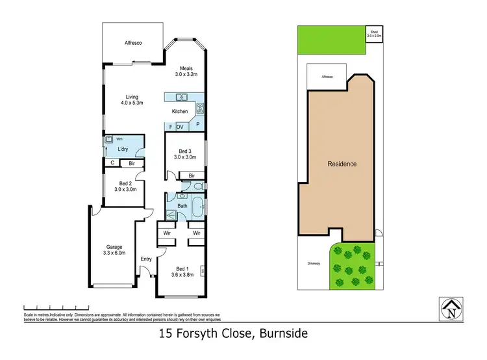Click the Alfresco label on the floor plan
click(x=133, y=43)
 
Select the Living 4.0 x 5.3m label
click(x=132, y=99)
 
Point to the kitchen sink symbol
click(x=182, y=97)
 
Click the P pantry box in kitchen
click(x=197, y=124)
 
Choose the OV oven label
click(x=180, y=127)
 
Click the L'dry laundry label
click(x=123, y=149)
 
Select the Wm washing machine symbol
click(x=108, y=140)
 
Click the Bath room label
click(x=182, y=207)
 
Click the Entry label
click(x=146, y=259)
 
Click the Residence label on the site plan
click(x=342, y=164)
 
